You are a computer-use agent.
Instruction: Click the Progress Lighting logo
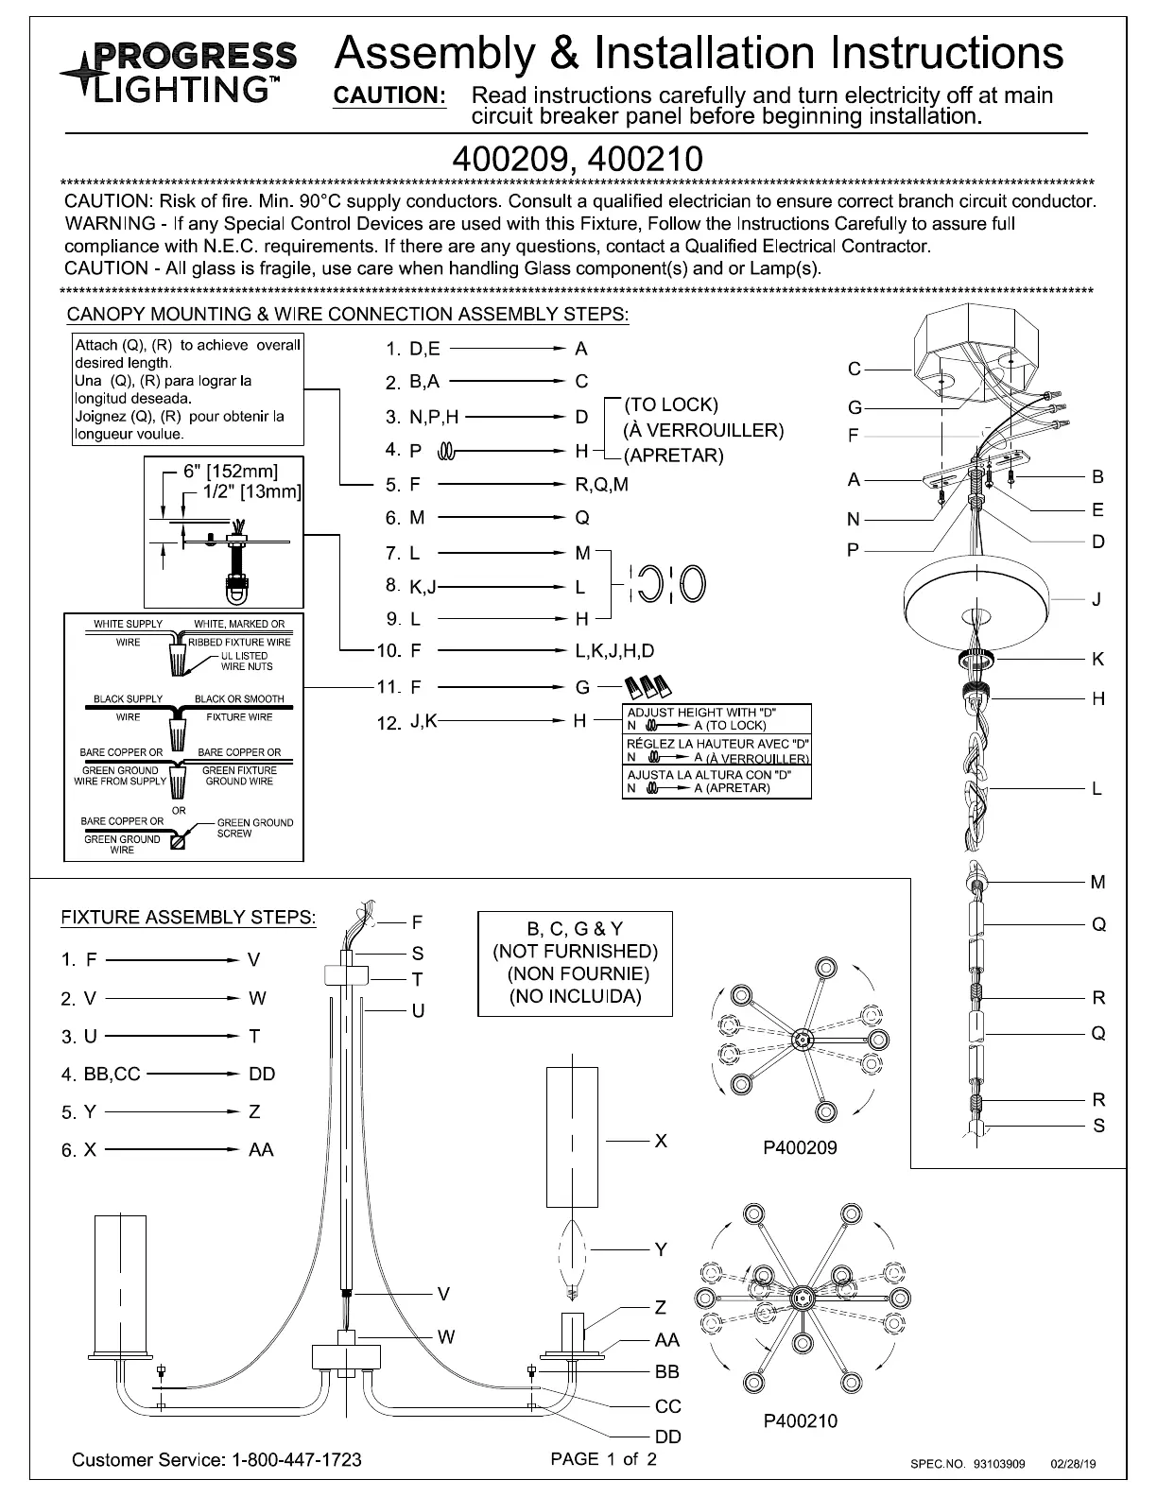(x=179, y=70)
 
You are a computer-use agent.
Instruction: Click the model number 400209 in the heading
(x=510, y=158)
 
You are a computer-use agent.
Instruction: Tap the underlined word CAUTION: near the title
(x=390, y=95)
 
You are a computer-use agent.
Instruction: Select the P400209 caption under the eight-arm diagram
(x=800, y=1148)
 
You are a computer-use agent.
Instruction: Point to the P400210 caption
(x=800, y=1420)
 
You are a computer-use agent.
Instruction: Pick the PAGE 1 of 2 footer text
(x=603, y=1458)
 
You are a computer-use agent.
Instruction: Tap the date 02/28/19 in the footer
(x=1073, y=1464)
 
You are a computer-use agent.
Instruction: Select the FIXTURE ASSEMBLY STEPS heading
(x=188, y=917)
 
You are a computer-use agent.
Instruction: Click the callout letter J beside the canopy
(x=1097, y=599)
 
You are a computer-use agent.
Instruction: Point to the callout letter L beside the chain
(x=1097, y=788)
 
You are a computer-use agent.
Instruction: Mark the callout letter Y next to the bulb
(x=661, y=1249)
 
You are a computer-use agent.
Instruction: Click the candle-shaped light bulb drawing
(x=572, y=1254)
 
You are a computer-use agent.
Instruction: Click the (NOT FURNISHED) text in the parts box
(x=575, y=951)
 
